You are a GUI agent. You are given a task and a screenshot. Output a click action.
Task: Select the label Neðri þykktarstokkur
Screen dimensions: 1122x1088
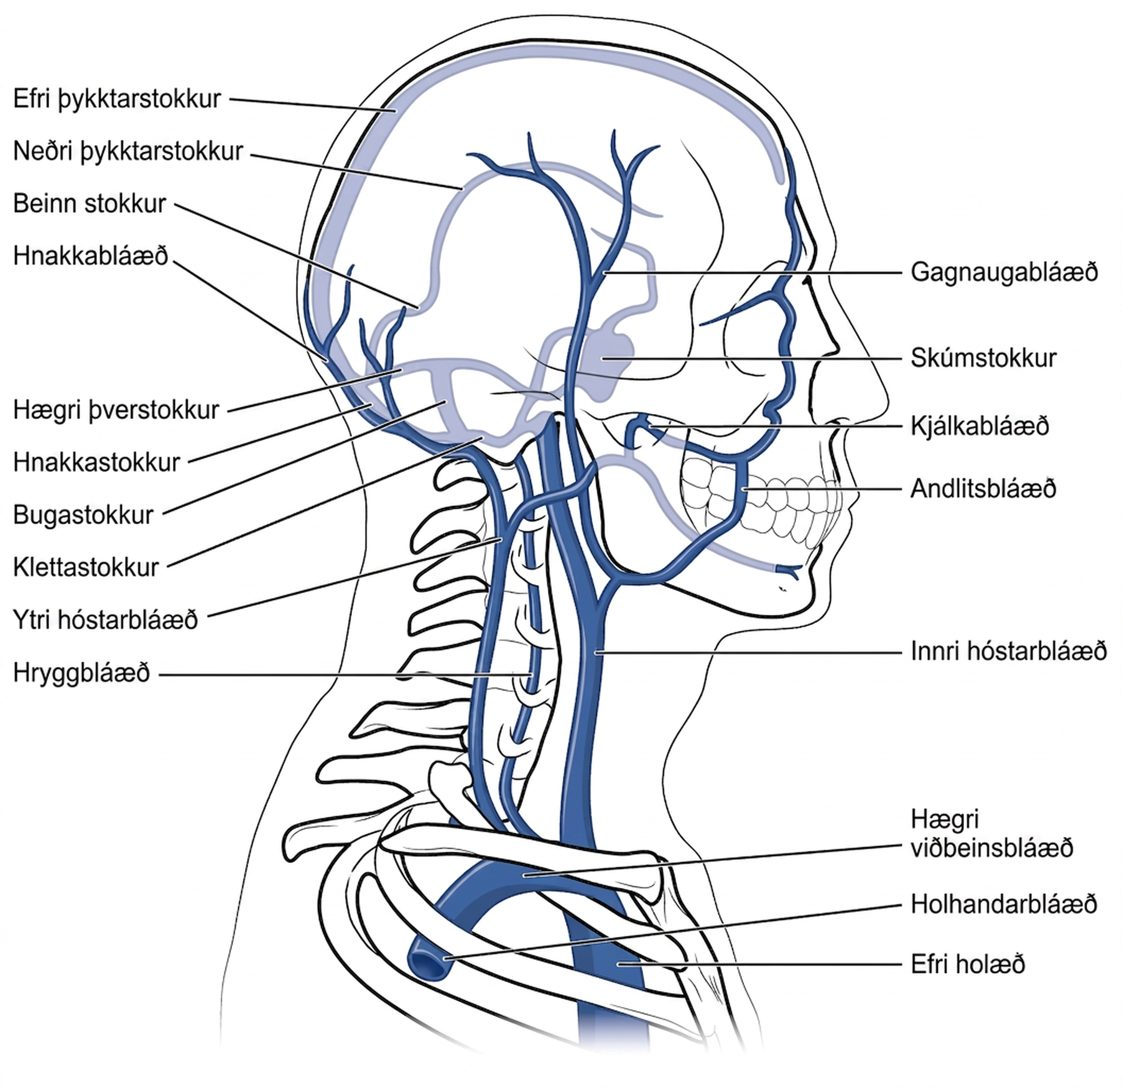(128, 152)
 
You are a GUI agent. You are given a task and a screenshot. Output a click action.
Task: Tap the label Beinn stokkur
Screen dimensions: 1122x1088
(90, 204)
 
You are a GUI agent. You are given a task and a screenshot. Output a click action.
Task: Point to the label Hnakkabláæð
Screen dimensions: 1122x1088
(91, 256)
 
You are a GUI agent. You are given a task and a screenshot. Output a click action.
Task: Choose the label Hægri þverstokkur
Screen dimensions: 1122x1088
(116, 410)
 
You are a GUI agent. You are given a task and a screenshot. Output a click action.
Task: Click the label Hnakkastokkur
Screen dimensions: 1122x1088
(96, 463)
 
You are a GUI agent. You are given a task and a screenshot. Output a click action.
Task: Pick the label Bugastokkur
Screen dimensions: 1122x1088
(83, 515)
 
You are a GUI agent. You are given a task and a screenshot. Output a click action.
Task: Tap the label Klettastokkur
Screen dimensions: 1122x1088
(86, 568)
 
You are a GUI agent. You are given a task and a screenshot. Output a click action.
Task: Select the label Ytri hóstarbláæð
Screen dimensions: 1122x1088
(106, 620)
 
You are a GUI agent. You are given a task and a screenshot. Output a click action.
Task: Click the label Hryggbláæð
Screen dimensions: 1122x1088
(81, 673)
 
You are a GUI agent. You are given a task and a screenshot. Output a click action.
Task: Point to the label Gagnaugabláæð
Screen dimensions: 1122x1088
(1004, 273)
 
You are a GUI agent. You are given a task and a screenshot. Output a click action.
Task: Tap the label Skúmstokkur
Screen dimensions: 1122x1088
(983, 358)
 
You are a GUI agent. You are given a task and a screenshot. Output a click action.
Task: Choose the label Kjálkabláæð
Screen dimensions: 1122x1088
(980, 426)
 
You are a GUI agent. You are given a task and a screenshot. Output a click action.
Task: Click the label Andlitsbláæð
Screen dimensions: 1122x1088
(983, 489)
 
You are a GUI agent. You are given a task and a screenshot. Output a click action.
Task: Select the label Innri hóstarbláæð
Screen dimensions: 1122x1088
(1009, 651)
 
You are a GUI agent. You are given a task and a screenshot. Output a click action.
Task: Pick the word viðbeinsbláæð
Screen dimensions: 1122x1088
(992, 848)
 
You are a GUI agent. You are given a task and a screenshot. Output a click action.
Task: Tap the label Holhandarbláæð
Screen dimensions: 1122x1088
(1004, 904)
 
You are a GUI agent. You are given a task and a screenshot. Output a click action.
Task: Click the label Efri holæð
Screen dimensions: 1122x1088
(968, 964)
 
